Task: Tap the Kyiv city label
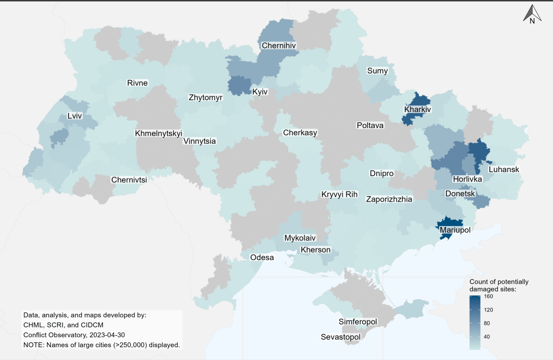(260, 91)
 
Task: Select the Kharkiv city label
(417, 110)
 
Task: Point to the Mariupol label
(455, 229)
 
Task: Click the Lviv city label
(74, 116)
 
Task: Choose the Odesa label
(262, 257)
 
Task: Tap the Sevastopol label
(341, 337)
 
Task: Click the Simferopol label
(358, 322)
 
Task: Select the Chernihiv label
(279, 46)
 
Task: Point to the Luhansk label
(504, 170)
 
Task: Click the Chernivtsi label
(129, 180)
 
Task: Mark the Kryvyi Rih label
(340, 194)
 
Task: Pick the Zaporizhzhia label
(389, 199)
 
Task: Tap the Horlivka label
(467, 179)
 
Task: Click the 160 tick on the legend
(488, 296)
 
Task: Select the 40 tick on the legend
(487, 337)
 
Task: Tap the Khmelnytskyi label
(159, 133)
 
